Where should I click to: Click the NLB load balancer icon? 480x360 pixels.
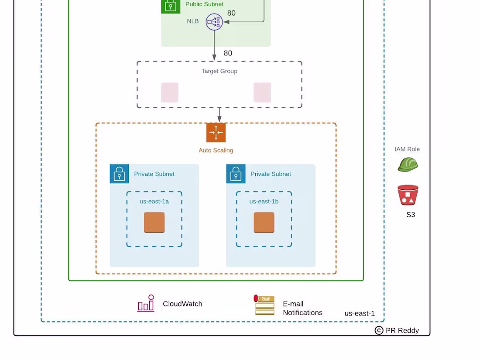click(214, 22)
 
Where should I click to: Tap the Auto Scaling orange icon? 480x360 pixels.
click(216, 133)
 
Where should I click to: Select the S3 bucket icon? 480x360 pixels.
click(408, 195)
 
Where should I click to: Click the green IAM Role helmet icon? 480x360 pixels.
click(408, 165)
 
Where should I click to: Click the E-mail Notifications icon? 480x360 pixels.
click(264, 305)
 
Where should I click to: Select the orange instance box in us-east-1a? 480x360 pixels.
click(154, 223)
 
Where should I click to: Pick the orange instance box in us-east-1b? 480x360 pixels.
click(264, 223)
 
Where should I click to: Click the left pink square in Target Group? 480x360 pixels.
click(170, 93)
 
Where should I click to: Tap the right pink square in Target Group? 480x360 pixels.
click(262, 93)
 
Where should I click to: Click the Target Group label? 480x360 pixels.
click(219, 71)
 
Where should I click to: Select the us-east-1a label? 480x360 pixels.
click(154, 202)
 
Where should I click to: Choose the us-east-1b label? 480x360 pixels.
click(264, 202)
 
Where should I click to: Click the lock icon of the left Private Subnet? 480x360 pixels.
click(119, 174)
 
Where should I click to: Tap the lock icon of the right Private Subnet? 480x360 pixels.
click(236, 174)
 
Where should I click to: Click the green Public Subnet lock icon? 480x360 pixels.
click(171, 6)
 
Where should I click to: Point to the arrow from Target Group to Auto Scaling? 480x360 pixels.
click(219, 115)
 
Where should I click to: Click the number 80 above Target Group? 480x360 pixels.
click(228, 53)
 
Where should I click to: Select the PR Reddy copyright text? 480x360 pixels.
click(397, 330)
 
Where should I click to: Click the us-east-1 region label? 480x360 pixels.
click(360, 313)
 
